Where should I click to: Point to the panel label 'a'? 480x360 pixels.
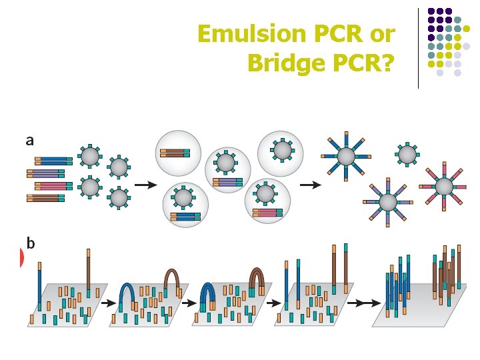pyautogui.click(x=29, y=140)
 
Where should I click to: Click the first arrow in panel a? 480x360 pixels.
pyautogui.click(x=141, y=184)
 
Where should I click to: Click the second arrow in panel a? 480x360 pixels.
pyautogui.click(x=310, y=184)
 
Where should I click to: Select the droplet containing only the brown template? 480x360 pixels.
pyautogui.click(x=179, y=152)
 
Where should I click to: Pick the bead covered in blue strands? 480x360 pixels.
pyautogui.click(x=346, y=157)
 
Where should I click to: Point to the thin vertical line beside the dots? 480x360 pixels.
pyautogui.click(x=419, y=47)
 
